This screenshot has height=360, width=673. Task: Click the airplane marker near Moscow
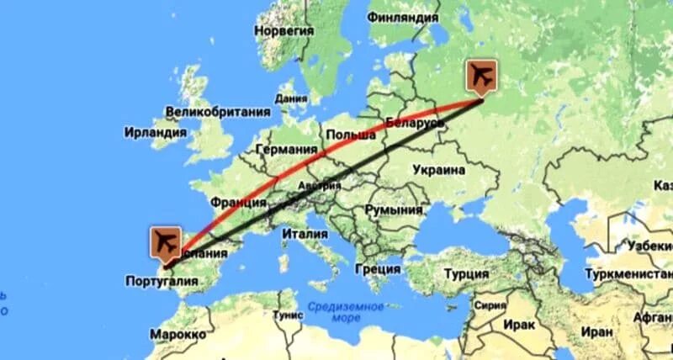(481, 76)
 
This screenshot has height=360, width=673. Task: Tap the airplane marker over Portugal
(166, 242)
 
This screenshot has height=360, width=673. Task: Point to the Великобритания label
(218, 112)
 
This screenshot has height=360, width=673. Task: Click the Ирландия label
(155, 133)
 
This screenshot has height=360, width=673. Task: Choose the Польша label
(350, 135)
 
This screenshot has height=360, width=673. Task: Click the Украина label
(438, 170)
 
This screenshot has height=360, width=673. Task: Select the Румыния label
(394, 210)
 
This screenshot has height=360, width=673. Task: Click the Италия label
(305, 233)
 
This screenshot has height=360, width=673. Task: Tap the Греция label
(378, 269)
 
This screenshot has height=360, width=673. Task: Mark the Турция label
(466, 274)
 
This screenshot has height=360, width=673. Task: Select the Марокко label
(178, 334)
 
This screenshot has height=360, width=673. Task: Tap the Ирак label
(522, 325)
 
